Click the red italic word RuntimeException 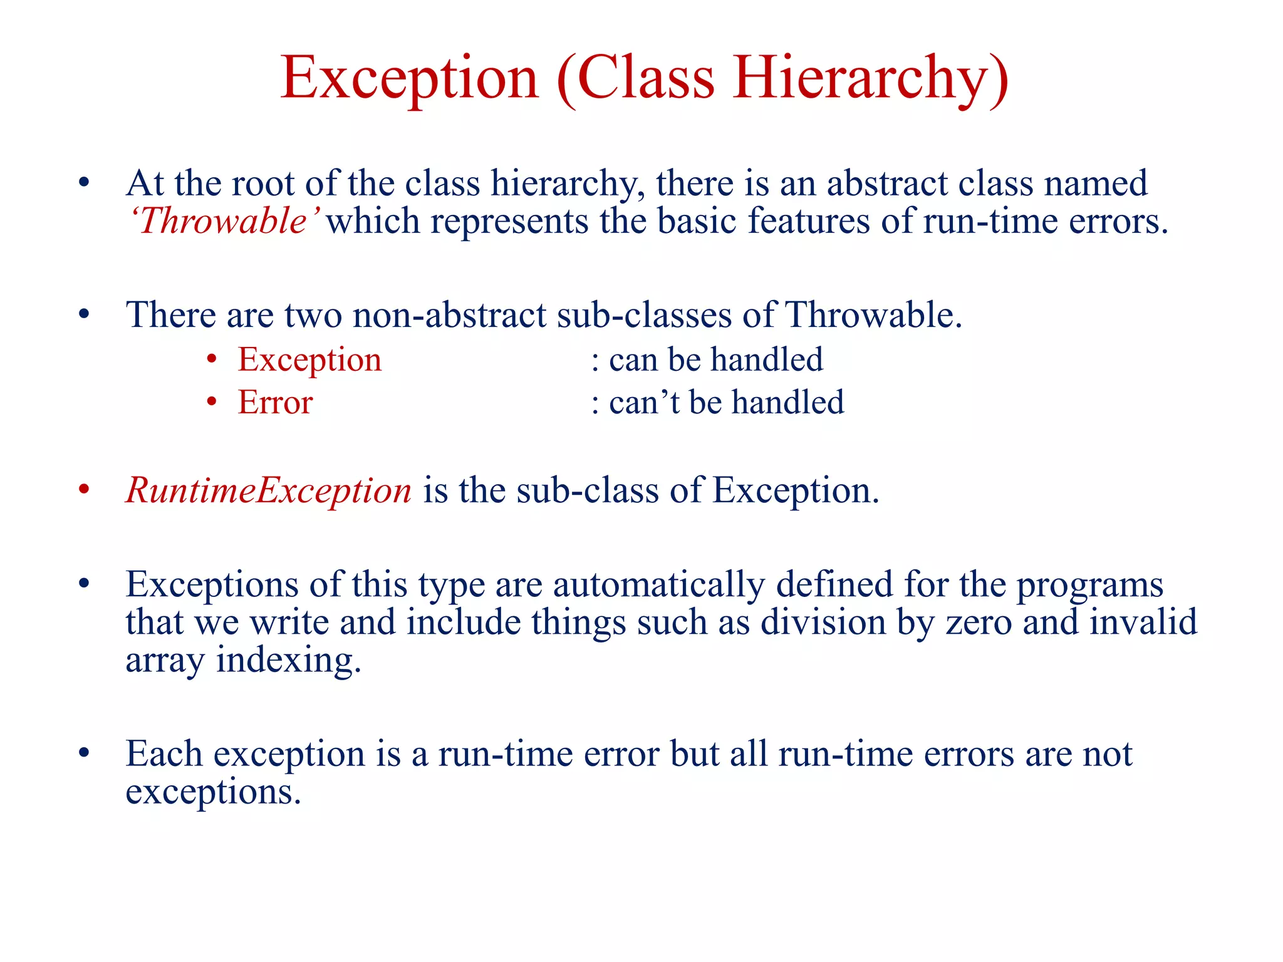269,490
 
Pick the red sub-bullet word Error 275,402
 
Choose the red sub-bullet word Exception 309,360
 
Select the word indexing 288,660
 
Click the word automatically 658,584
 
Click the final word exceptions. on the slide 213,792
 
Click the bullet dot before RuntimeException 85,490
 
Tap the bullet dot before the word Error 212,402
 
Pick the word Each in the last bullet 164,753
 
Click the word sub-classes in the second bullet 644,314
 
